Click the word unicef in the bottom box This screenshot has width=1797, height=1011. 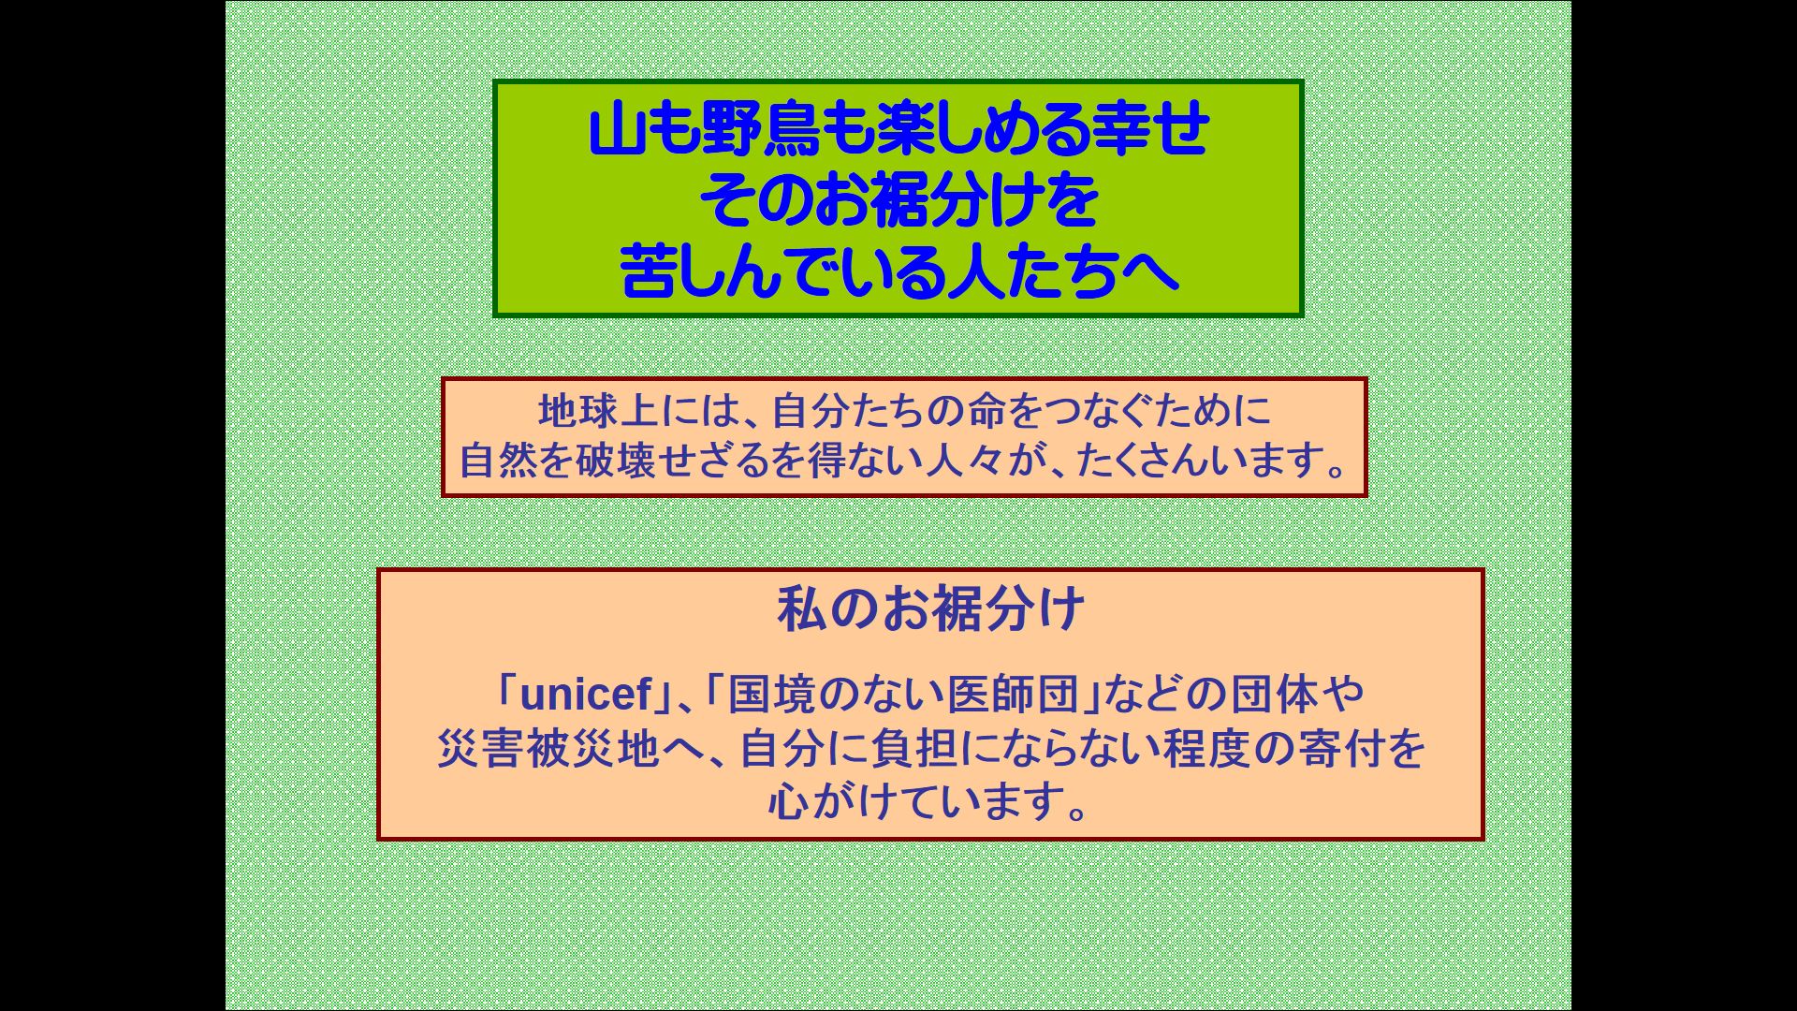pos(585,695)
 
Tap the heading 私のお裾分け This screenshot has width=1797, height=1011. pos(930,609)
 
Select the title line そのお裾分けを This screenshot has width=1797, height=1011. pos(898,201)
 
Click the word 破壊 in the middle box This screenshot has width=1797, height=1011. pos(615,460)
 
